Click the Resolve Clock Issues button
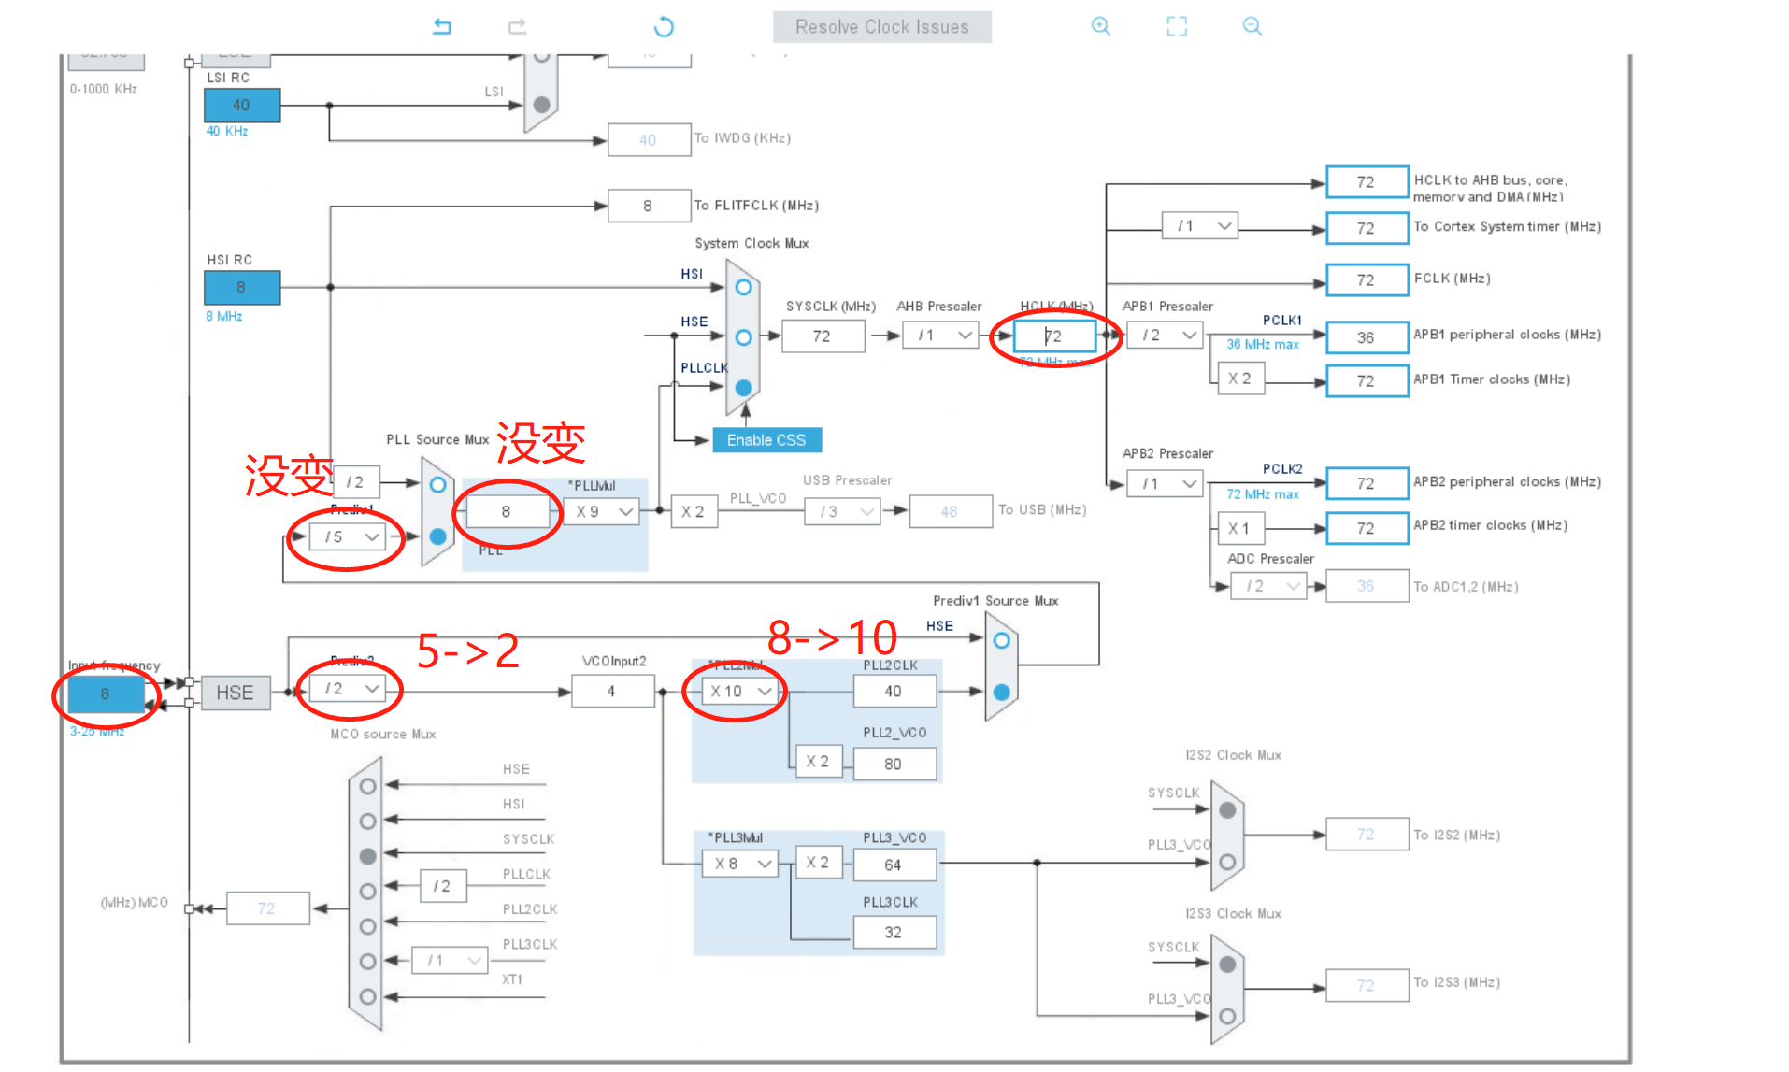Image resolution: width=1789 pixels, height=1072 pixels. tap(881, 27)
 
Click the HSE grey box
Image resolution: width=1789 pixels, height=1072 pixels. tap(235, 693)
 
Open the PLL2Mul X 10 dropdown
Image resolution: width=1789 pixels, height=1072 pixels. tap(740, 691)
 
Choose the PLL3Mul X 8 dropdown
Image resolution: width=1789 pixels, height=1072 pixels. tap(740, 863)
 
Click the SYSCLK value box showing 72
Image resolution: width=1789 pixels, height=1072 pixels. tap(822, 336)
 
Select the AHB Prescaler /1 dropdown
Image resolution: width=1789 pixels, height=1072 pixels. tap(940, 335)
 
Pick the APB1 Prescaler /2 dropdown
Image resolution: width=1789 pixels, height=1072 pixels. tap(1165, 335)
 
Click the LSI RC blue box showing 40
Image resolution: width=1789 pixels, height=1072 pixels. tap(241, 105)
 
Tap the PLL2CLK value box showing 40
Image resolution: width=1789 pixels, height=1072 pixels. tap(894, 691)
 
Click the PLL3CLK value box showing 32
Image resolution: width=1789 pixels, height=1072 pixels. tap(894, 932)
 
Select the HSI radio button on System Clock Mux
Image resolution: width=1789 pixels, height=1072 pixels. tap(743, 287)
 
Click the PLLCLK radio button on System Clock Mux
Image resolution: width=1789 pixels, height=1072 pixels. tap(743, 387)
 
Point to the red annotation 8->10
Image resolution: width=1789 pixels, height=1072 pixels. tap(832, 638)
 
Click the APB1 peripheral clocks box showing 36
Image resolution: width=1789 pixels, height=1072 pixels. tap(1366, 337)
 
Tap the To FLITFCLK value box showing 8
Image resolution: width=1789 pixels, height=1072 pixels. tap(648, 206)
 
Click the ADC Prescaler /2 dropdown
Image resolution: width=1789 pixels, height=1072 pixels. tap(1269, 586)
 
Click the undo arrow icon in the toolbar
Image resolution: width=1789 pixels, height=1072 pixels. tap(442, 27)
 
